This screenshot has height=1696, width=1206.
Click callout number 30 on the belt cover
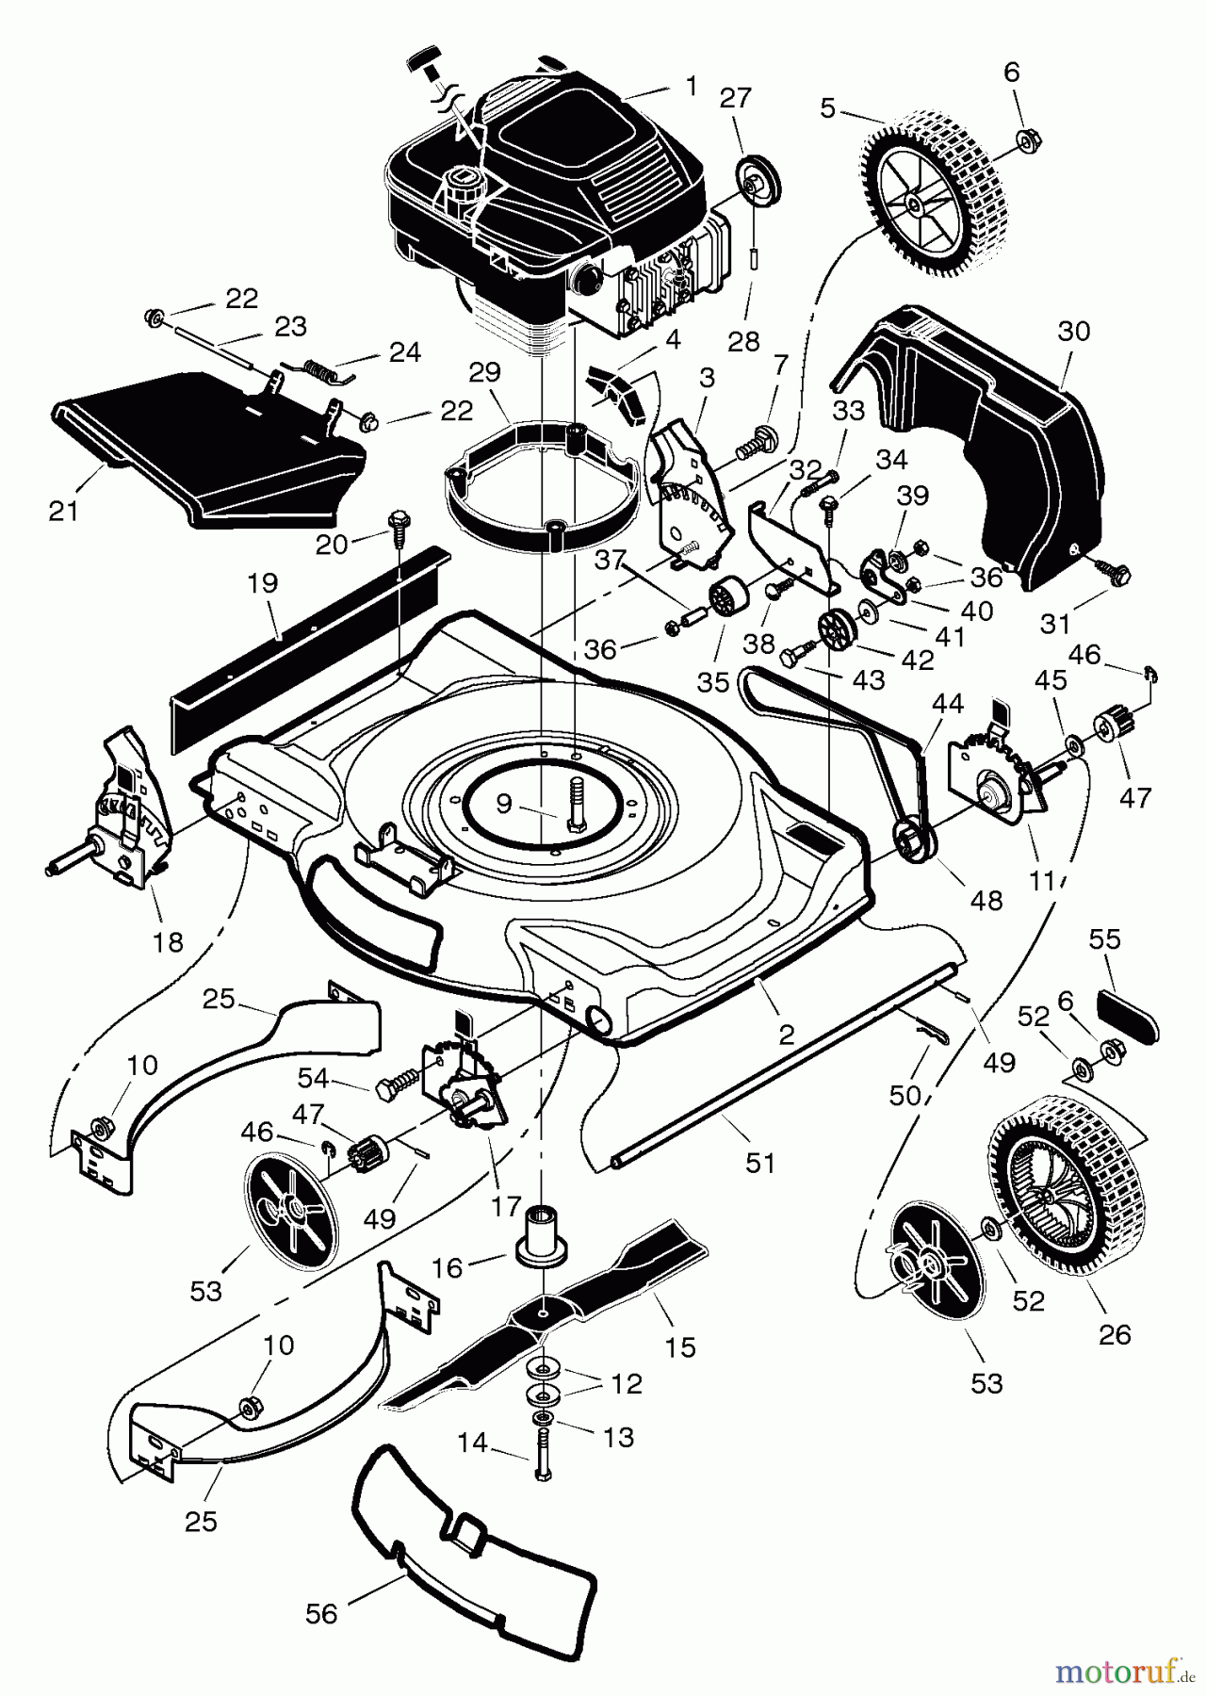(1073, 332)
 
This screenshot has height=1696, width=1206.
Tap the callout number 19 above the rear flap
(264, 583)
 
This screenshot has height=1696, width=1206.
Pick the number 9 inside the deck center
(504, 803)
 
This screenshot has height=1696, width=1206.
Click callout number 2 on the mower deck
(786, 1034)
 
